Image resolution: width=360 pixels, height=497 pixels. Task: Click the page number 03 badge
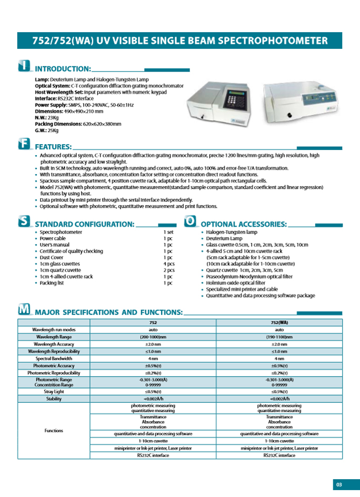339,484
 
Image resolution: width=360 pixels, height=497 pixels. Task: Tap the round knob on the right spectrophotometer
288,115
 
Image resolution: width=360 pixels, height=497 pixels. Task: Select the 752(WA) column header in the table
279,322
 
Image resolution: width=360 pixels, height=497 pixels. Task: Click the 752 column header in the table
153,322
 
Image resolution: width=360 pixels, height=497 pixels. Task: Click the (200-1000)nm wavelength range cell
153,337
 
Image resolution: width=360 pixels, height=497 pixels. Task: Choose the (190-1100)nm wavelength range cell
279,337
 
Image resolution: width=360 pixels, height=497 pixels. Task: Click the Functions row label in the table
54,430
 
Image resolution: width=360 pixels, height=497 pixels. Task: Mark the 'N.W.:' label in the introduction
42,118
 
